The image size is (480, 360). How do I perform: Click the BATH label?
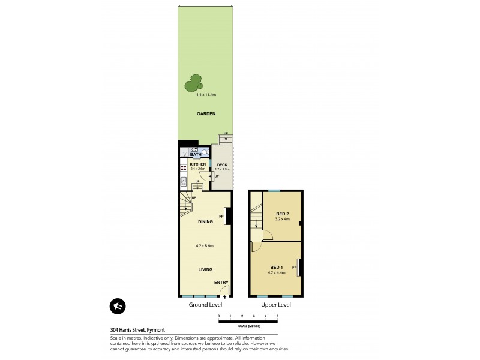196,154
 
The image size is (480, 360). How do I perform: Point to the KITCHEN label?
198,164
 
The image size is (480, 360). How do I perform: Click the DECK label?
222,164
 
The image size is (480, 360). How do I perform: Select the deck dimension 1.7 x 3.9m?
222,169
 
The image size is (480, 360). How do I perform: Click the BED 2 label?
283,214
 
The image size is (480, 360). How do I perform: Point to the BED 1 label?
276,267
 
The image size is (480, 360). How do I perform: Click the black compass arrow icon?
118,306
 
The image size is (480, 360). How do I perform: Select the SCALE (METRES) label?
248,325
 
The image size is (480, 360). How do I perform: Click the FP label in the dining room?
221,216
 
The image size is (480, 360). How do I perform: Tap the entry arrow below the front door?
225,296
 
